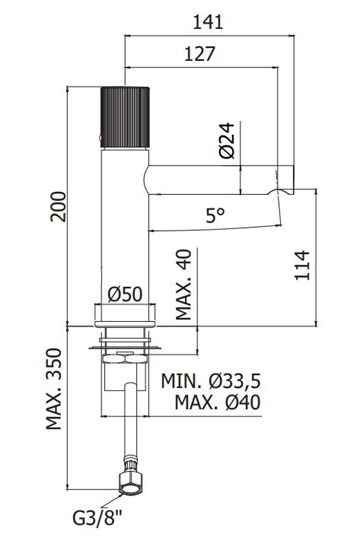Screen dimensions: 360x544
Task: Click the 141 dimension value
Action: tap(208, 22)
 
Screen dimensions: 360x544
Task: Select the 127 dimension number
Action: tap(199, 54)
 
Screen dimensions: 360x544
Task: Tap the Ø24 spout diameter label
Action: tap(227, 140)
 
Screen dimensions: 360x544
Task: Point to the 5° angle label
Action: tap(215, 215)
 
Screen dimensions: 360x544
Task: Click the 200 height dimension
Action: tap(58, 206)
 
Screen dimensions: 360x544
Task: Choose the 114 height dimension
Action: tap(302, 265)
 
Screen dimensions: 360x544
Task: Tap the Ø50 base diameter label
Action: tap(125, 294)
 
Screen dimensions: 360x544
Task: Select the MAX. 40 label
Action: tap(183, 284)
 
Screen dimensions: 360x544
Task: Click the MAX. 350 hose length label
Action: tap(54, 389)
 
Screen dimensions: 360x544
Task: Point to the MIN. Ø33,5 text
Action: tap(211, 381)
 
